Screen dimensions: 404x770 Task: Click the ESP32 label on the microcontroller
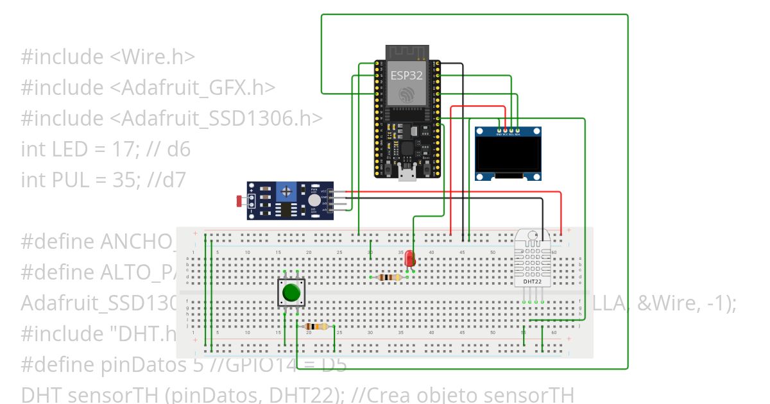click(407, 75)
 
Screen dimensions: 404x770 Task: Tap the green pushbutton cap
click(291, 292)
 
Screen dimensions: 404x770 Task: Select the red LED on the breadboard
click(409, 258)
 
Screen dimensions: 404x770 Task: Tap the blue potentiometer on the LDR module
click(284, 190)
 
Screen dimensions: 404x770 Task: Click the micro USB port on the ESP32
click(407, 173)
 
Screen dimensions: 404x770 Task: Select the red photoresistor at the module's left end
click(240, 201)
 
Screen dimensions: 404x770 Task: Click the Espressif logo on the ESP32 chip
click(407, 95)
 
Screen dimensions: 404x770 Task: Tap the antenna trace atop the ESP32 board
click(407, 53)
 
